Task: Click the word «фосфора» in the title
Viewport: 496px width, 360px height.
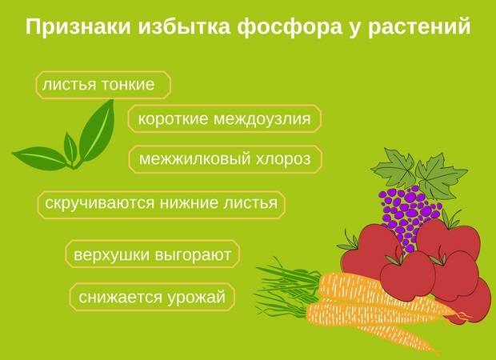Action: tap(290, 26)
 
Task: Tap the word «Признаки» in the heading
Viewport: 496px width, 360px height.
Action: tap(78, 26)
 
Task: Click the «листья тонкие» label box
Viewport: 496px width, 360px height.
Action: tap(103, 85)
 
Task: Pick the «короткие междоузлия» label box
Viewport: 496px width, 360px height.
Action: tap(225, 118)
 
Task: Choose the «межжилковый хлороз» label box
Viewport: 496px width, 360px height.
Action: tap(226, 159)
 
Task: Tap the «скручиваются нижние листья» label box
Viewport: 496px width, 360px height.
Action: tap(162, 205)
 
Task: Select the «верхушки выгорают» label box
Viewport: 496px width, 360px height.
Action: tap(153, 254)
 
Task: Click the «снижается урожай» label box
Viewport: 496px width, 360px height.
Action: tap(152, 297)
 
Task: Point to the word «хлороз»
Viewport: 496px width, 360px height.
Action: tap(283, 159)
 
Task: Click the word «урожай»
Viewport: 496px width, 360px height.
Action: tap(196, 298)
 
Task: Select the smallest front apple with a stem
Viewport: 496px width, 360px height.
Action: tap(407, 274)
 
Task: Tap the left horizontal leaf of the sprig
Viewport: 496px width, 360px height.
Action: tap(41, 158)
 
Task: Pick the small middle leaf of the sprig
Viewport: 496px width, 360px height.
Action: tap(70, 148)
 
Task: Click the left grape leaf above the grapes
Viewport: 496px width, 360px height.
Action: tap(394, 168)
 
